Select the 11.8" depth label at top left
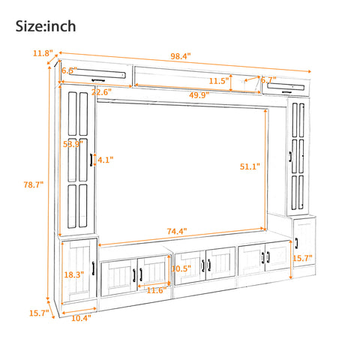pyautogui.click(x=42, y=53)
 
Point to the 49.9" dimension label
pyautogui.click(x=199, y=95)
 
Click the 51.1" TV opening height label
pyautogui.click(x=250, y=166)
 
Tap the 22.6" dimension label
pyautogui.click(x=101, y=93)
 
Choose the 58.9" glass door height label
pyautogui.click(x=72, y=143)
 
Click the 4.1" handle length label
pyautogui.click(x=105, y=159)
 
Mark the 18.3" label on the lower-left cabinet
pyautogui.click(x=73, y=275)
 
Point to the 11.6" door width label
pyautogui.click(x=155, y=290)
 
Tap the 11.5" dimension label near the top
pyautogui.click(x=219, y=80)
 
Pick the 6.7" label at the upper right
pyautogui.click(x=269, y=79)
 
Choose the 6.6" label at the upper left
pyautogui.click(x=69, y=70)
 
